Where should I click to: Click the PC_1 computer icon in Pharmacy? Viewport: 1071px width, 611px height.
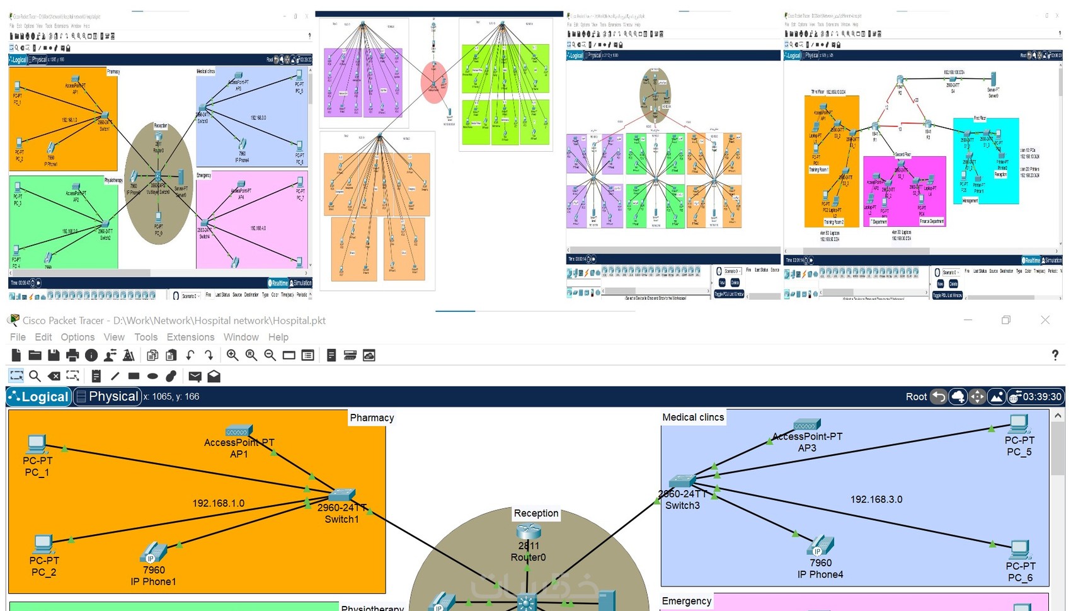37,445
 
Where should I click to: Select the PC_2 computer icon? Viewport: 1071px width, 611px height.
43,544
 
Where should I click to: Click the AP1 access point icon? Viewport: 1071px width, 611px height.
238,431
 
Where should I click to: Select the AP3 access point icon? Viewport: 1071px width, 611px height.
807,425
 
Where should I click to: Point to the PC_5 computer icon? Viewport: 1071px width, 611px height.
1019,424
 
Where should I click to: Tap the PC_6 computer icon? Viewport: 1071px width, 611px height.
1020,549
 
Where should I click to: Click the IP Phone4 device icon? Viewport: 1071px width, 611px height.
820,545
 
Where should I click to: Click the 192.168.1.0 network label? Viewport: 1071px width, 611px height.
218,503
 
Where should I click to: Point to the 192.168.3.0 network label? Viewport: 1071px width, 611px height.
876,500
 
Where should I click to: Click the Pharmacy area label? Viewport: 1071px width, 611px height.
372,418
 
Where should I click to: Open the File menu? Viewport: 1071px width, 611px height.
18,337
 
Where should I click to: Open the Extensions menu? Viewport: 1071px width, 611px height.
190,337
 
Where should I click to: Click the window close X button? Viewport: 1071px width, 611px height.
1045,320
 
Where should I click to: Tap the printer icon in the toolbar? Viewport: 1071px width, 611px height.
72,355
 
